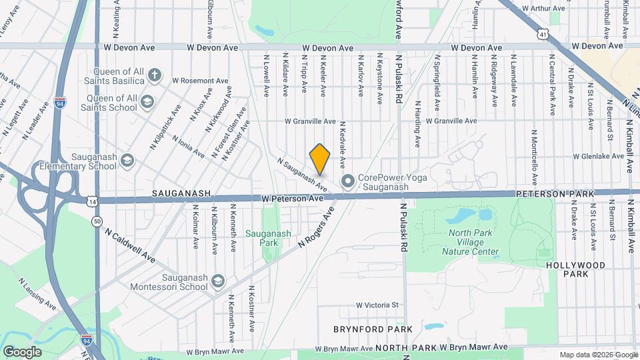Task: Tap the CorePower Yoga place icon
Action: click(348, 181)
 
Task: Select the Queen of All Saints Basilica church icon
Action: click(155, 74)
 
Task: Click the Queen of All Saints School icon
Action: click(147, 101)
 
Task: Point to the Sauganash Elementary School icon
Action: click(127, 160)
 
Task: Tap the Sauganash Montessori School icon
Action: click(217, 282)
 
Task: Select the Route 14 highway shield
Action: click(92, 200)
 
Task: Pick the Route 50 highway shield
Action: click(97, 221)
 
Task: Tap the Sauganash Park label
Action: click(268, 238)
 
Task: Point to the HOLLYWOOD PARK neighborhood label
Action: click(575, 269)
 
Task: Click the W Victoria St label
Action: click(377, 305)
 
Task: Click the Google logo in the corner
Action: click(22, 351)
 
